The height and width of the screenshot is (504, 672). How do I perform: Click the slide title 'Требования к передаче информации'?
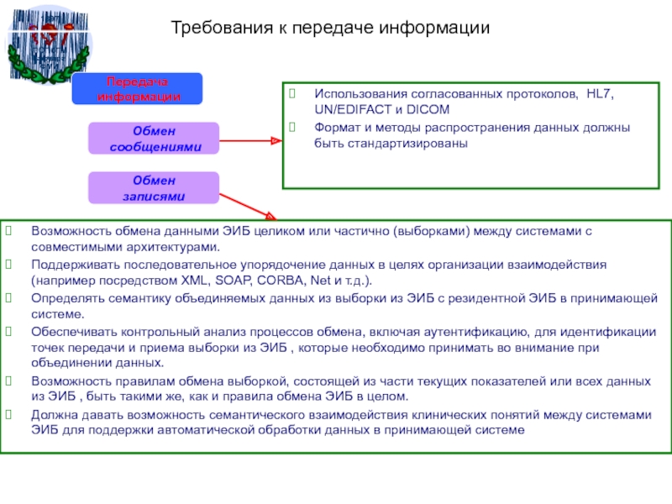pos(330,29)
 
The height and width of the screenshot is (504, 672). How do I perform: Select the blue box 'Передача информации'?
pos(138,89)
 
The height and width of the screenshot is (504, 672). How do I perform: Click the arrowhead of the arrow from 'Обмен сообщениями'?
pos(276,140)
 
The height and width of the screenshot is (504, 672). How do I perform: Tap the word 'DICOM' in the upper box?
pos(431,111)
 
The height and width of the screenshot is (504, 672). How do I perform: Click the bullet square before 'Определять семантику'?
pos(8,297)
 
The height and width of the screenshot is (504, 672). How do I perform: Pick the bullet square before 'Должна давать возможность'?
pos(8,414)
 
